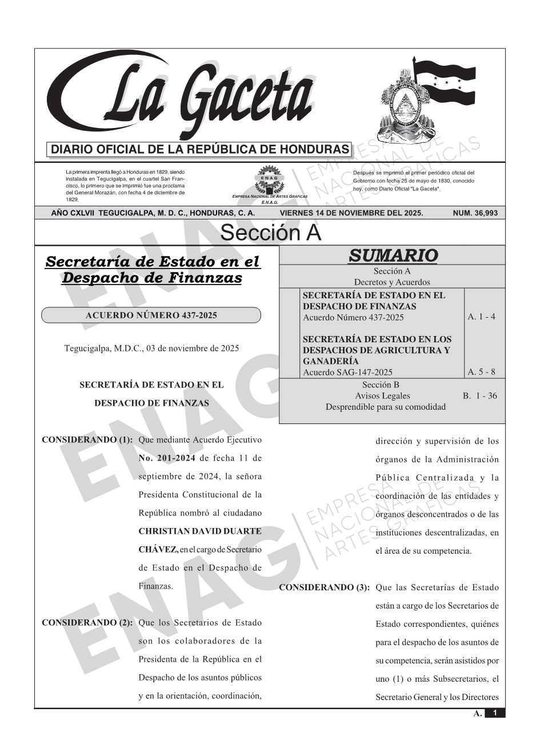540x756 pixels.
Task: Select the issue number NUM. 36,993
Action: coord(475,213)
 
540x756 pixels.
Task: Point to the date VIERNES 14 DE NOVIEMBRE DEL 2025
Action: coord(351,213)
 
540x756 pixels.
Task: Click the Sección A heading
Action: coord(270,233)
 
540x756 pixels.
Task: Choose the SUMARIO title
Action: coord(393,255)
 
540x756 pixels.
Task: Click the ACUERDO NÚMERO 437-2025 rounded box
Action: coord(151,315)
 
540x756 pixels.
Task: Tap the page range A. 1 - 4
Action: coord(481,317)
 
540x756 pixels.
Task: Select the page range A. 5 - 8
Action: coord(481,372)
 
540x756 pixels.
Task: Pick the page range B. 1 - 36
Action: coord(479,395)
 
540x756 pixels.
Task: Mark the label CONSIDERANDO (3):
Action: coord(324,587)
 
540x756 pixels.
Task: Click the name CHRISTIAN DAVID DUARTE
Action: coord(200,531)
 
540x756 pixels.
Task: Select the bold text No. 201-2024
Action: coord(167,458)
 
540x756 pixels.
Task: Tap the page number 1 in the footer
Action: coord(495,713)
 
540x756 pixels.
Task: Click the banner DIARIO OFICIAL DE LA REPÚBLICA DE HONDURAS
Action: coord(200,150)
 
